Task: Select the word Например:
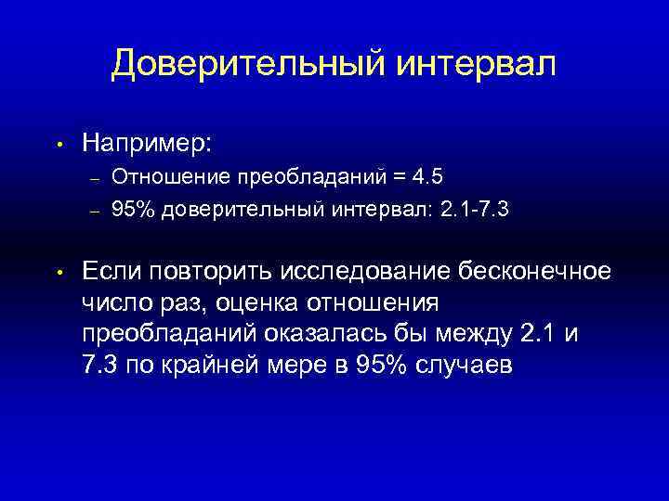coord(147,143)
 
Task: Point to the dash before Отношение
coord(93,175)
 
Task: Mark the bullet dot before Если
coord(58,273)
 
